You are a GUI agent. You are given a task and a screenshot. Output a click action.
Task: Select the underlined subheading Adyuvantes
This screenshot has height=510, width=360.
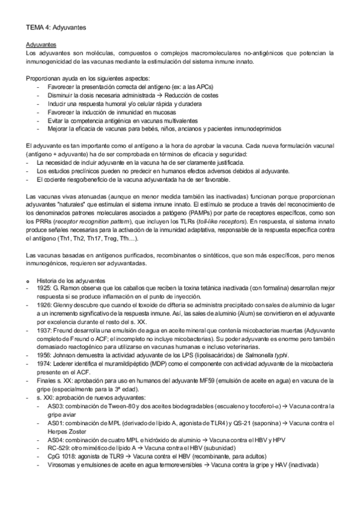pos(41,45)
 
